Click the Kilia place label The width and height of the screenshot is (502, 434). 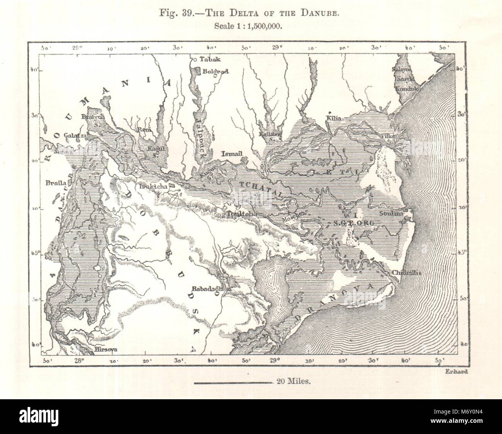(334, 119)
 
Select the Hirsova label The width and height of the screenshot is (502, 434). (105, 350)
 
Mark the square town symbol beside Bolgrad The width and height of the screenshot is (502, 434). (197, 71)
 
